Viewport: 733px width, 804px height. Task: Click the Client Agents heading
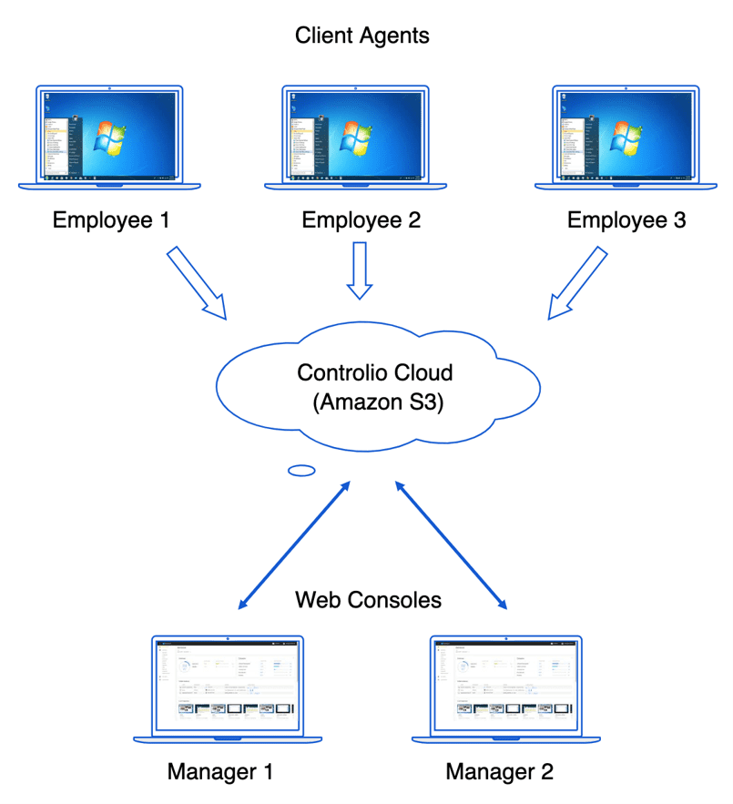coord(361,36)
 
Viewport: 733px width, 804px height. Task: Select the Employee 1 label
coord(111,221)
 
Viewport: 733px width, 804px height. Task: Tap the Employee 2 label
coord(361,221)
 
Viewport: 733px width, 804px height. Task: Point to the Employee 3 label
coord(626,221)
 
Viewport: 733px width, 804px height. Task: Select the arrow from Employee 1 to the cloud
coord(197,281)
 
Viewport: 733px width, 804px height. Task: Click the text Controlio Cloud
coord(374,373)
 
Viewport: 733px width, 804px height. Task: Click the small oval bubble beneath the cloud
coord(300,471)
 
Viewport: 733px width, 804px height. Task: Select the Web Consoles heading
coord(368,600)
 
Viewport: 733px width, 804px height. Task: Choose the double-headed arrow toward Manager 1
coord(293,546)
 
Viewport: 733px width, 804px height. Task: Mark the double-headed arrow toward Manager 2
coord(451,546)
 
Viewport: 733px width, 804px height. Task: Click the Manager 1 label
coord(220,772)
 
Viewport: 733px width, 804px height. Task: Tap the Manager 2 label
coord(499,772)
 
